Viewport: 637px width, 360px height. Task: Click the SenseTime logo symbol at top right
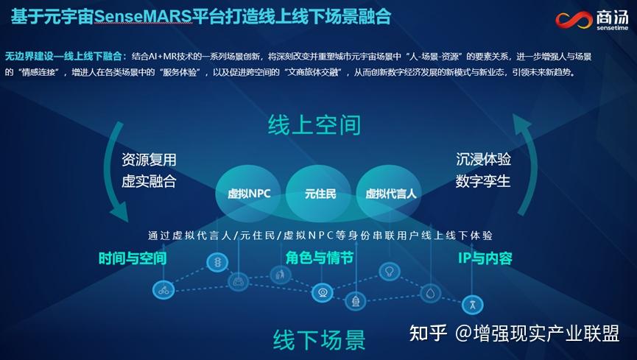pos(574,19)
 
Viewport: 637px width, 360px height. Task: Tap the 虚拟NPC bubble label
pos(249,194)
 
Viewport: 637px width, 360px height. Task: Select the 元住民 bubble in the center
pos(320,194)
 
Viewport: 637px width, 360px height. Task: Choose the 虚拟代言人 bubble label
pos(391,194)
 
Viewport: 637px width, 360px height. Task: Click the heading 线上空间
pos(314,124)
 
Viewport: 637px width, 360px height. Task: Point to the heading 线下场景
pos(320,339)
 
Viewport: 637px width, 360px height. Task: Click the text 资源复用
pos(149,159)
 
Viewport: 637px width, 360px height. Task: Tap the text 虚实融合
pos(149,181)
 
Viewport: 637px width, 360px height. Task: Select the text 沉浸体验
pos(483,159)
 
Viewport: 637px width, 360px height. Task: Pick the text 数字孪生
pos(483,181)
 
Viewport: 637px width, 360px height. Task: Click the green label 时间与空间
pos(133,258)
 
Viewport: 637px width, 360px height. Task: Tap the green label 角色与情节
pos(320,258)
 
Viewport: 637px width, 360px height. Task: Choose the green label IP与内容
pos(485,258)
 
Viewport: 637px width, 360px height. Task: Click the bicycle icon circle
pos(163,290)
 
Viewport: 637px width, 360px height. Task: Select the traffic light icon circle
pos(218,263)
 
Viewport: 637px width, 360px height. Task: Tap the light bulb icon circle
pos(389,271)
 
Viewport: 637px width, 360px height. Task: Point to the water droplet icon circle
pos(431,293)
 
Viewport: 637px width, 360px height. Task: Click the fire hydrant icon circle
pos(356,301)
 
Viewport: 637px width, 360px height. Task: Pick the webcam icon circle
pos(323,292)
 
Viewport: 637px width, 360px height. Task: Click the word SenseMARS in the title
pos(143,17)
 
